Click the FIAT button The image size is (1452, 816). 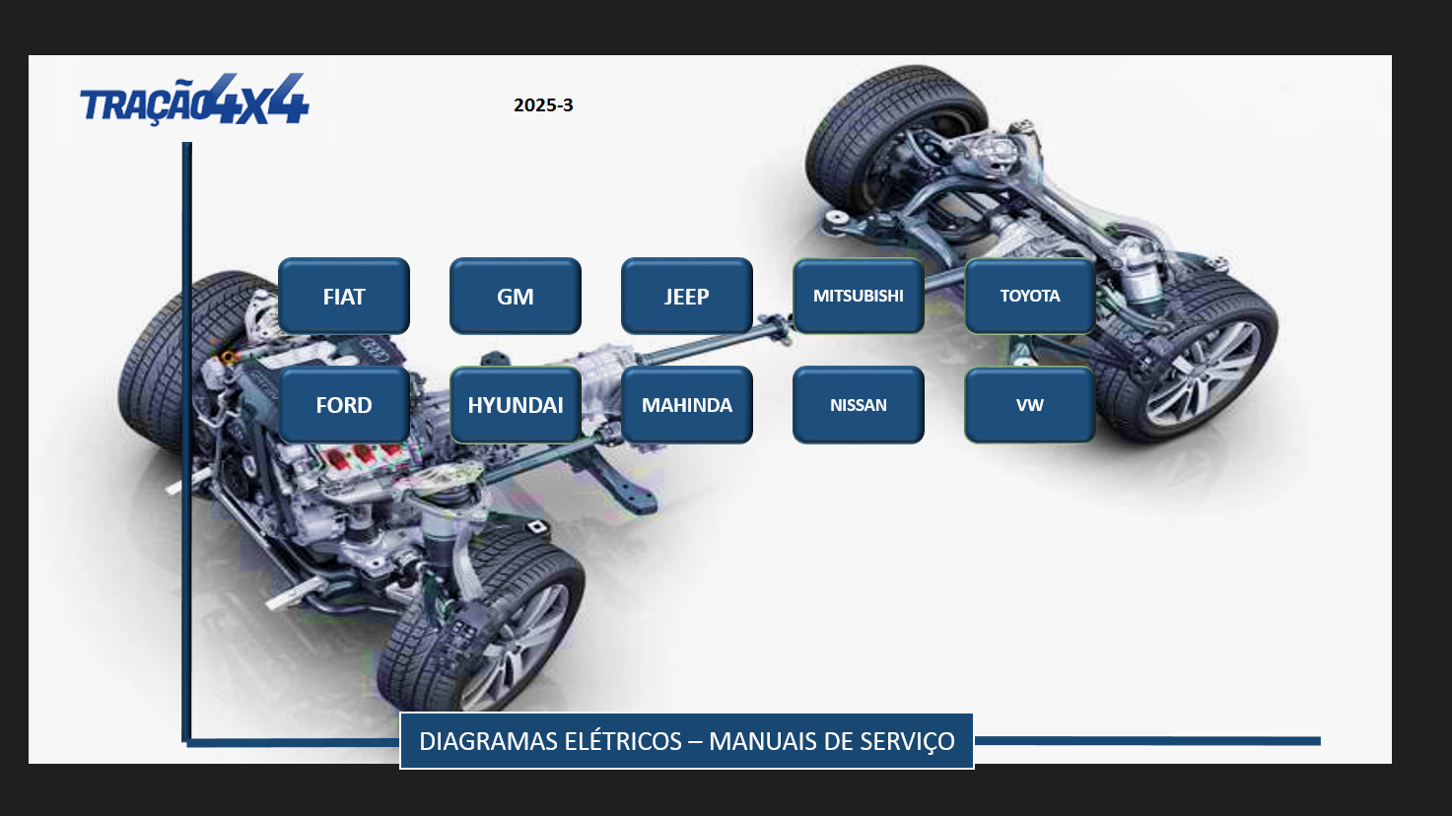344,297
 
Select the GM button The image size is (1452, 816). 516,297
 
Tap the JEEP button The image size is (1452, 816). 686,297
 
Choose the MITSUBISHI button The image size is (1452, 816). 859,297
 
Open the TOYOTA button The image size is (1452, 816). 1030,297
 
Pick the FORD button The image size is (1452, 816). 344,405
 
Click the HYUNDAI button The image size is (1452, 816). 516,405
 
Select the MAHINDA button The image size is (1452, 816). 686,405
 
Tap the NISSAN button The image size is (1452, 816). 859,405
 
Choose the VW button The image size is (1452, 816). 1030,405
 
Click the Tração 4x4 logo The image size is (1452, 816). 194,100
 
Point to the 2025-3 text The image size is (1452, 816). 543,105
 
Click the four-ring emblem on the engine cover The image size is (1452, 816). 374,348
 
